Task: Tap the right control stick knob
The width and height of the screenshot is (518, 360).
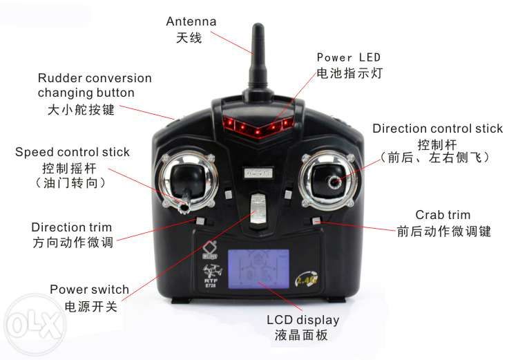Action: point(336,181)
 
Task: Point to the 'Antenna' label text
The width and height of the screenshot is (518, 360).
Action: point(191,21)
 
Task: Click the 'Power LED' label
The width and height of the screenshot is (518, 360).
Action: point(348,57)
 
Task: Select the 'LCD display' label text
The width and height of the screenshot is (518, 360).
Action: point(303,320)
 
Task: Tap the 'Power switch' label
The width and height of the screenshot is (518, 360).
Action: point(89,290)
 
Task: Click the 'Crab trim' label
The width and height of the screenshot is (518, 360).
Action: point(443,215)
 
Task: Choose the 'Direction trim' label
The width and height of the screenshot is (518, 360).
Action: point(71,227)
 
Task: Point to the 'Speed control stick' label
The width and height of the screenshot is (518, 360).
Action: point(72,152)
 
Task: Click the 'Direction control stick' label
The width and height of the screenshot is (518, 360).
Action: point(437,129)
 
